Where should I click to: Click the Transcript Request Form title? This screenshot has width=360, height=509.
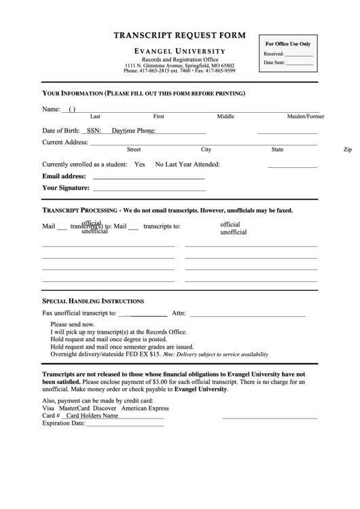[x=179, y=35]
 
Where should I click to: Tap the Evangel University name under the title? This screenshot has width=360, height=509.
[x=179, y=51]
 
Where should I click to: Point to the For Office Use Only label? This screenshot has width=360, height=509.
[x=287, y=43]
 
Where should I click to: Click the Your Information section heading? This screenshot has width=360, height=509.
[x=143, y=92]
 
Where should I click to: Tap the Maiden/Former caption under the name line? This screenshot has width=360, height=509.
[x=305, y=116]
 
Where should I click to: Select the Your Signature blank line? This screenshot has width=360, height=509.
[x=148, y=189]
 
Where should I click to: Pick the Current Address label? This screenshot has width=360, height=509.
[x=65, y=142]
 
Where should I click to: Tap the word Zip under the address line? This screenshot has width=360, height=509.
[x=347, y=150]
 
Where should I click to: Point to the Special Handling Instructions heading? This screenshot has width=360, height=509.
[x=93, y=300]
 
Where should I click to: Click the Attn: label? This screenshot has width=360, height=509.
[x=179, y=313]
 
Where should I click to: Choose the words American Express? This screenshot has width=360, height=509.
[x=145, y=408]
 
